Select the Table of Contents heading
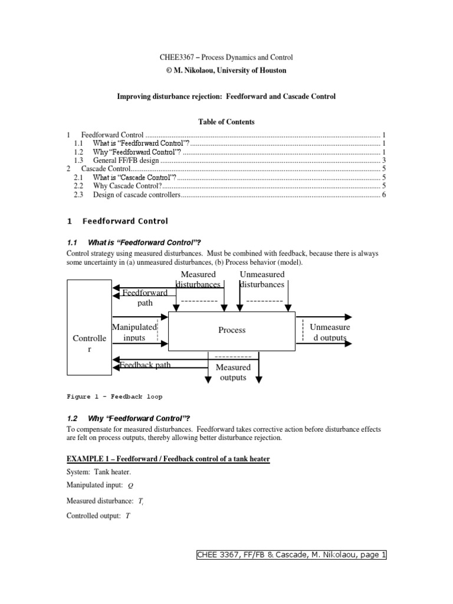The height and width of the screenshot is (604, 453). click(226, 122)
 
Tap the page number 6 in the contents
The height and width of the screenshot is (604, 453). click(383, 195)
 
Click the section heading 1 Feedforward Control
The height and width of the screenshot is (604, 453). click(117, 221)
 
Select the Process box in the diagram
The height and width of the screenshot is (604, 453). click(232, 330)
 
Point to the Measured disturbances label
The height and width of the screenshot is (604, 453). click(198, 279)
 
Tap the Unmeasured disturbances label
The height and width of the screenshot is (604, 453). click(262, 279)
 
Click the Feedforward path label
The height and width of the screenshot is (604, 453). click(145, 297)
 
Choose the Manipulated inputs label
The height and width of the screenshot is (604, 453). click(134, 332)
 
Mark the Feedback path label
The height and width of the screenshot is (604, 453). click(146, 365)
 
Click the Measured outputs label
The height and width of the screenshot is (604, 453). click(233, 372)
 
